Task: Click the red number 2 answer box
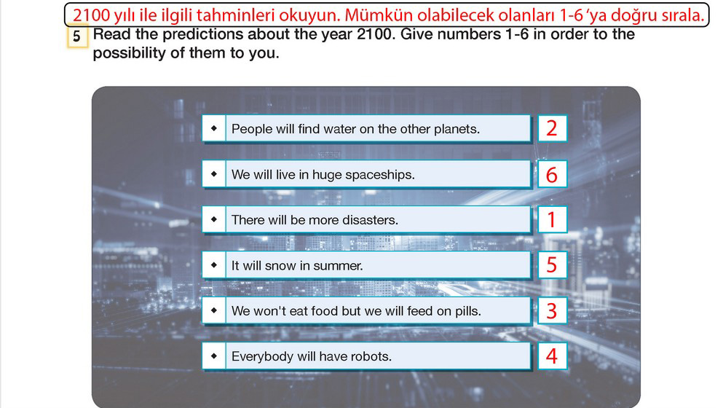552,128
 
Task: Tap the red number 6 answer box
552,174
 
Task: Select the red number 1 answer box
552,220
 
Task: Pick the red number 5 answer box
552,265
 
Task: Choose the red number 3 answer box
552,310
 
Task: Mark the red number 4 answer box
552,356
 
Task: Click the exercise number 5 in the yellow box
77,36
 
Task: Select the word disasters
374,220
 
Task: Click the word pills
468,312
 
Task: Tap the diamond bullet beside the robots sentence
214,356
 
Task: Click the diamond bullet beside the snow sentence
214,265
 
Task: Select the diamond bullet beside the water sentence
214,127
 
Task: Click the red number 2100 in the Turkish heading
91,16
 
